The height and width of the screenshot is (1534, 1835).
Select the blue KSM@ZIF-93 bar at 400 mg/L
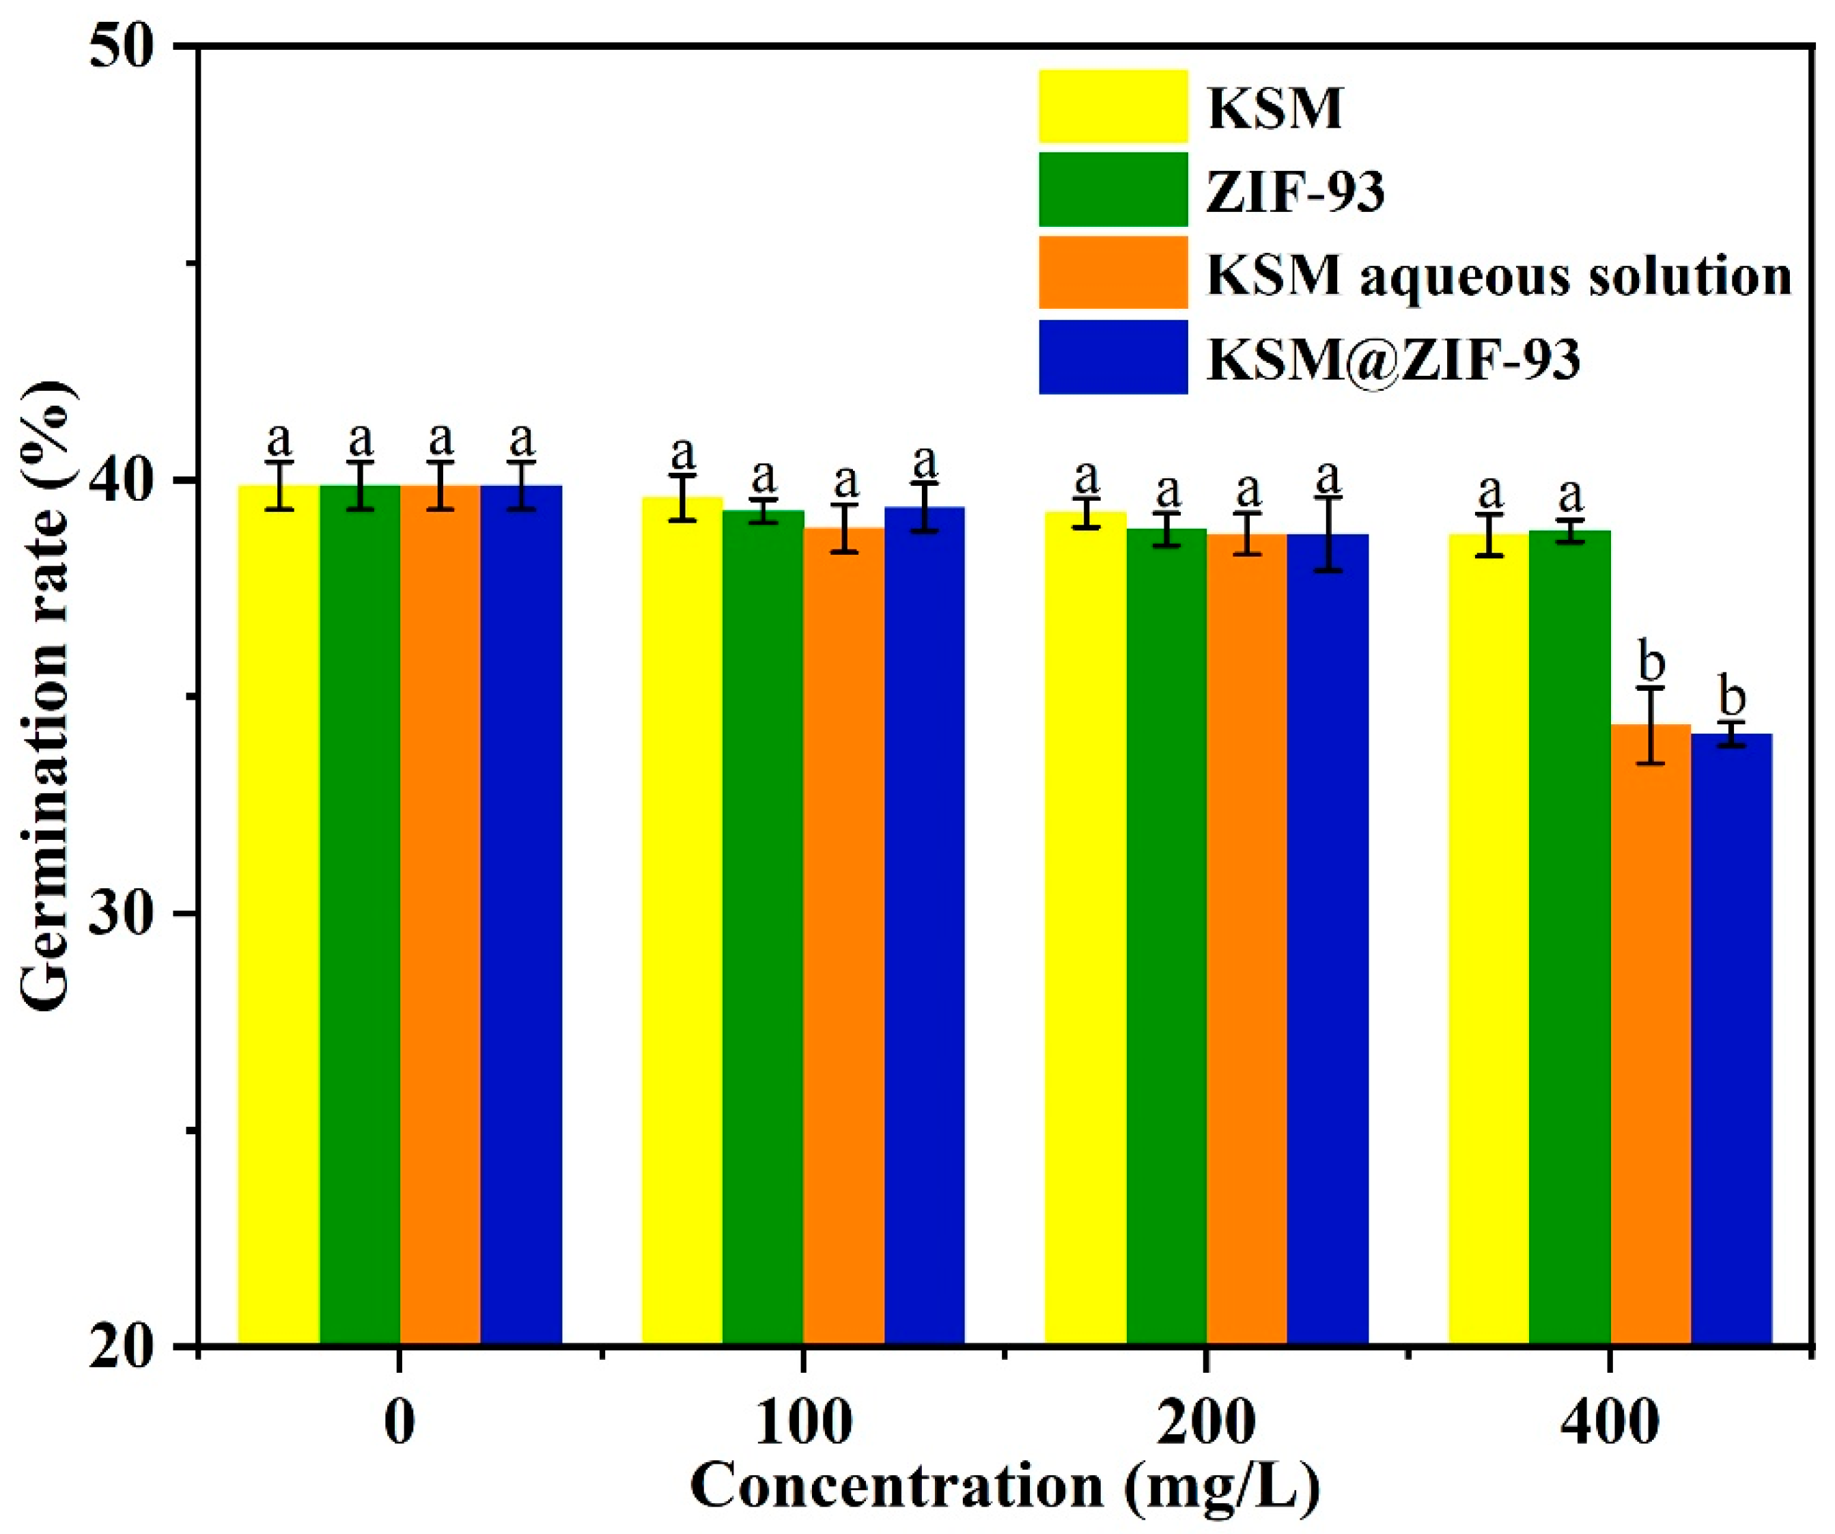pos(1731,1040)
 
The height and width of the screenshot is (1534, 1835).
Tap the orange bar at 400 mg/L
pos(1651,1036)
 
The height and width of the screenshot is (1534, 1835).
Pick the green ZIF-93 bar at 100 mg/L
pos(763,927)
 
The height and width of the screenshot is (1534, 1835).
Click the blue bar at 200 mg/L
pos(1328,940)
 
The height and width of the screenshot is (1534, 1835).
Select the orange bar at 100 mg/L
pos(843,935)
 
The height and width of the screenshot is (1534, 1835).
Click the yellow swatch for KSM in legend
pos(1112,106)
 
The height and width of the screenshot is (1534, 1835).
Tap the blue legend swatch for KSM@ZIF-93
pos(1112,357)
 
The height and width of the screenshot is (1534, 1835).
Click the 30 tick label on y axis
pos(132,914)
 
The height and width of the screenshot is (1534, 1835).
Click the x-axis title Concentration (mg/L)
pos(1005,1486)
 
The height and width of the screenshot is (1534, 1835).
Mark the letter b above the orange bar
pos(1651,661)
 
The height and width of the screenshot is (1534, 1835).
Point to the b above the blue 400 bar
pos(1731,697)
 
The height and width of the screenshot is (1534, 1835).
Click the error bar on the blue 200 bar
pos(1328,534)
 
